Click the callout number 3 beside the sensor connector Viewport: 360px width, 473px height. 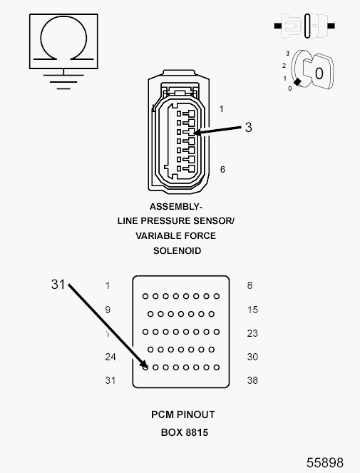point(248,128)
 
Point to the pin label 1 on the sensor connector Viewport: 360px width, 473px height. point(222,109)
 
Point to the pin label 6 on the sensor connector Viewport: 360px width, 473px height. point(222,170)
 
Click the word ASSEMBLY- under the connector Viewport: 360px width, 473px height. point(175,207)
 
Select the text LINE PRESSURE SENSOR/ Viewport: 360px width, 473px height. point(176,221)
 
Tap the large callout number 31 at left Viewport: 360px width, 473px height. point(58,284)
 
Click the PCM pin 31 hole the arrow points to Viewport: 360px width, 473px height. point(145,367)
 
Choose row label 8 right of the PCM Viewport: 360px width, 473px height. point(250,285)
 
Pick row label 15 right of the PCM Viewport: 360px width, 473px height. point(252,310)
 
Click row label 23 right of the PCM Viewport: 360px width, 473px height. point(252,333)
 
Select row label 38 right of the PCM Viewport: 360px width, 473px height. point(252,380)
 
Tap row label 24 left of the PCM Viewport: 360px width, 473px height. point(110,357)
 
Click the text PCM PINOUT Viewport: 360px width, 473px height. point(182,414)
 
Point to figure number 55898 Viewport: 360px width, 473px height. point(325,462)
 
